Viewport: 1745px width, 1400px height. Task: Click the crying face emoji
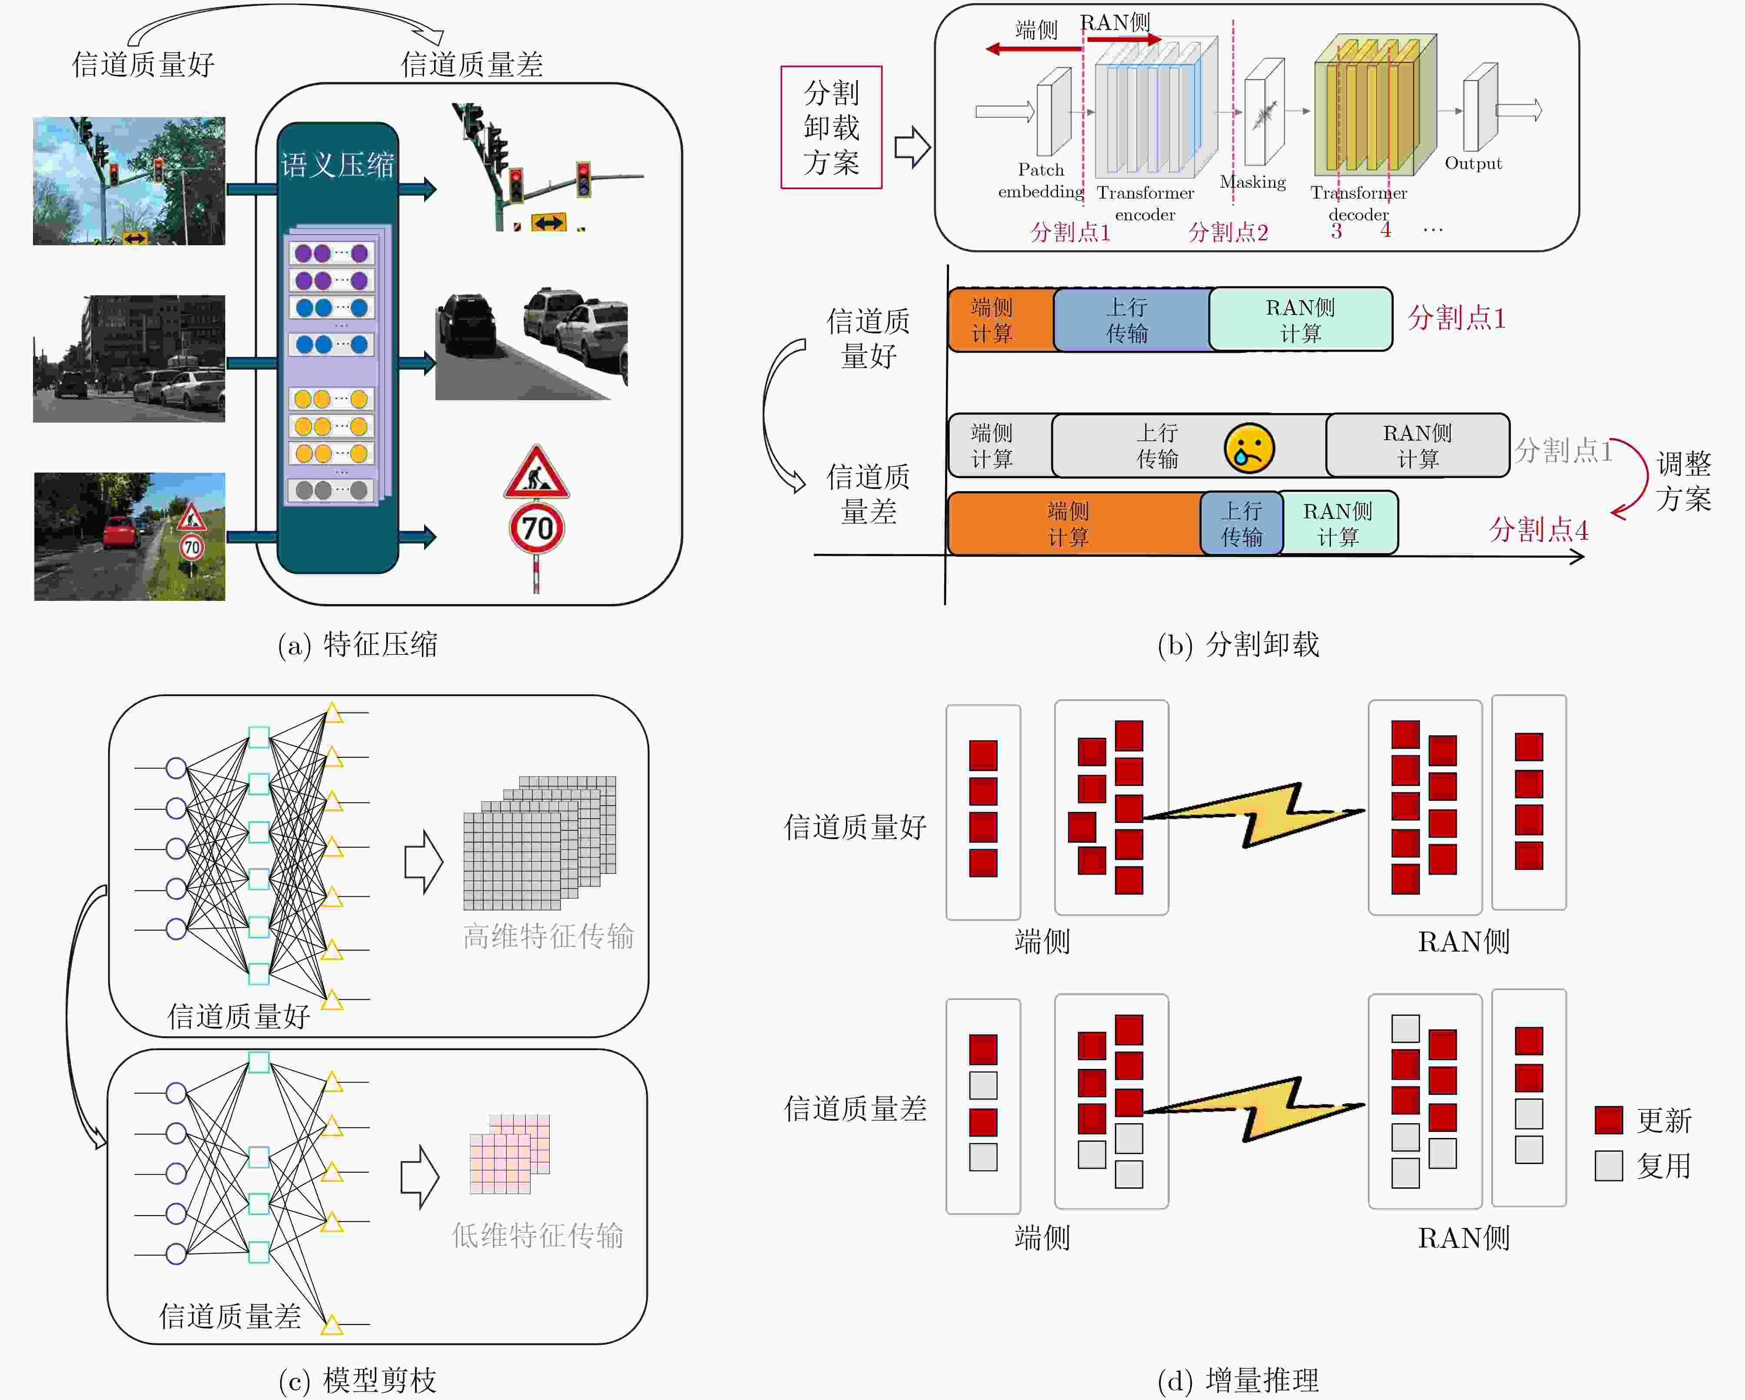[1249, 448]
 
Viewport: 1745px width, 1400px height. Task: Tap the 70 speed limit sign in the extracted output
[537, 528]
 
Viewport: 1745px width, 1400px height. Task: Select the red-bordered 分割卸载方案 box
[831, 127]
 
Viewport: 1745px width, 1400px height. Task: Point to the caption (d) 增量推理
[1238, 1380]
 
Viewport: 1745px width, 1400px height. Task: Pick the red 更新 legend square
[1608, 1120]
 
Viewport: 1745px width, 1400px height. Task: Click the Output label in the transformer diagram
[1473, 163]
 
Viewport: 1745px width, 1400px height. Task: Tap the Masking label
[1252, 182]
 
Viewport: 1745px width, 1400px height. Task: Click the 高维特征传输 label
[548, 936]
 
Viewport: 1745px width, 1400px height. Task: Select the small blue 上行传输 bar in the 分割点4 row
[1241, 523]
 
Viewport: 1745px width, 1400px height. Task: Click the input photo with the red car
[129, 537]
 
